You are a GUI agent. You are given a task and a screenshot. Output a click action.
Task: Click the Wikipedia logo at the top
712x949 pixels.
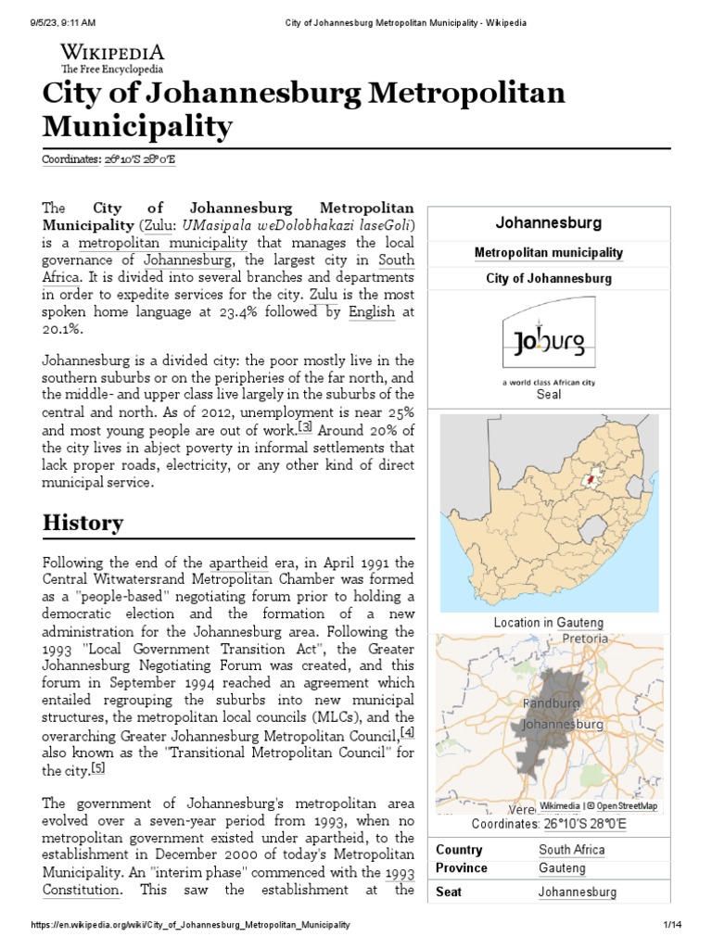coord(112,57)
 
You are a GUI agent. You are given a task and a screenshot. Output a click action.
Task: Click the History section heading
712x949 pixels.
coord(83,523)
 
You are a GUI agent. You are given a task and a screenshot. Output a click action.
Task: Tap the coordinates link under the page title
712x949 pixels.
coord(108,159)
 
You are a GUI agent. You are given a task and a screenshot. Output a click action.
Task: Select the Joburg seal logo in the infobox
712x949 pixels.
coord(549,345)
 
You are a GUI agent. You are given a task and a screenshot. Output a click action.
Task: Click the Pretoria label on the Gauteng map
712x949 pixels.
coord(585,639)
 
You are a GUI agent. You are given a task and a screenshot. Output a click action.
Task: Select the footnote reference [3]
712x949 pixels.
coord(305,428)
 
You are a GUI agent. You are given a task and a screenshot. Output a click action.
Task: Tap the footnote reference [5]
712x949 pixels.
coord(98,769)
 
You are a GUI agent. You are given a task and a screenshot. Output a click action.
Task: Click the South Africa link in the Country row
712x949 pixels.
coord(571,850)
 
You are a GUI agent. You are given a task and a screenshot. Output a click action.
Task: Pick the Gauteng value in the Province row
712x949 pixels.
coord(562,868)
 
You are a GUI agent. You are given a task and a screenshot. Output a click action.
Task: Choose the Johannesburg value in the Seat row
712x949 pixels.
coord(577,892)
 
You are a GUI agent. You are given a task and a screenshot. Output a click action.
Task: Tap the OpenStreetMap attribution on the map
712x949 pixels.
coord(628,806)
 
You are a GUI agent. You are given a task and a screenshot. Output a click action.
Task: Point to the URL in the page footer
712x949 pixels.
coord(190,926)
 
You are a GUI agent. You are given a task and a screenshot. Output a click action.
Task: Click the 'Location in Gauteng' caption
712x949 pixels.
coord(548,623)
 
